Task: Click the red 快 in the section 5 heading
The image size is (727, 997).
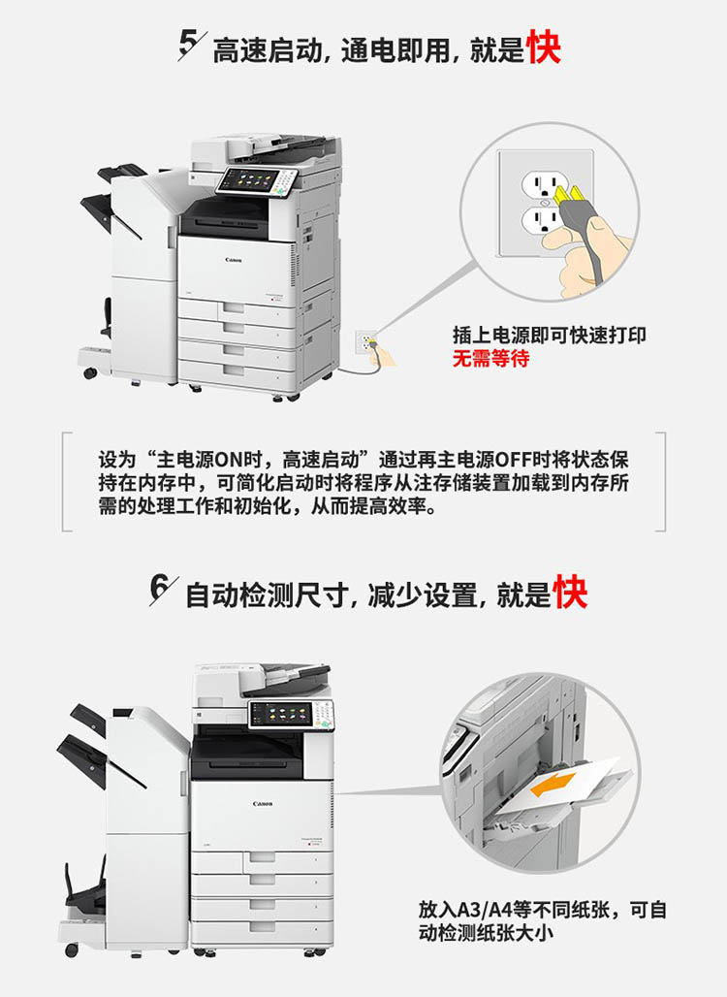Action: point(544,48)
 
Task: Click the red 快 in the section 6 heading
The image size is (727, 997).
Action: point(570,592)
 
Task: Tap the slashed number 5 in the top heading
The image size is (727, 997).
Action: point(191,45)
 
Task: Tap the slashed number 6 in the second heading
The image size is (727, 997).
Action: point(163,590)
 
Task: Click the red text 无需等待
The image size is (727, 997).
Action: point(490,358)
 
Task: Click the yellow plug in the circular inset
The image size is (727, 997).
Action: point(571,195)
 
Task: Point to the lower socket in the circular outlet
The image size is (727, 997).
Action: point(540,220)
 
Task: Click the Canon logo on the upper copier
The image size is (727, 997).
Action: point(234,260)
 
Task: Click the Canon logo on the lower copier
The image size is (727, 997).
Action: point(263,804)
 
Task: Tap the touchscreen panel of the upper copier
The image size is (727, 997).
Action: point(249,180)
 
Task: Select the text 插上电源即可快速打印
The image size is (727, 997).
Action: point(550,336)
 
